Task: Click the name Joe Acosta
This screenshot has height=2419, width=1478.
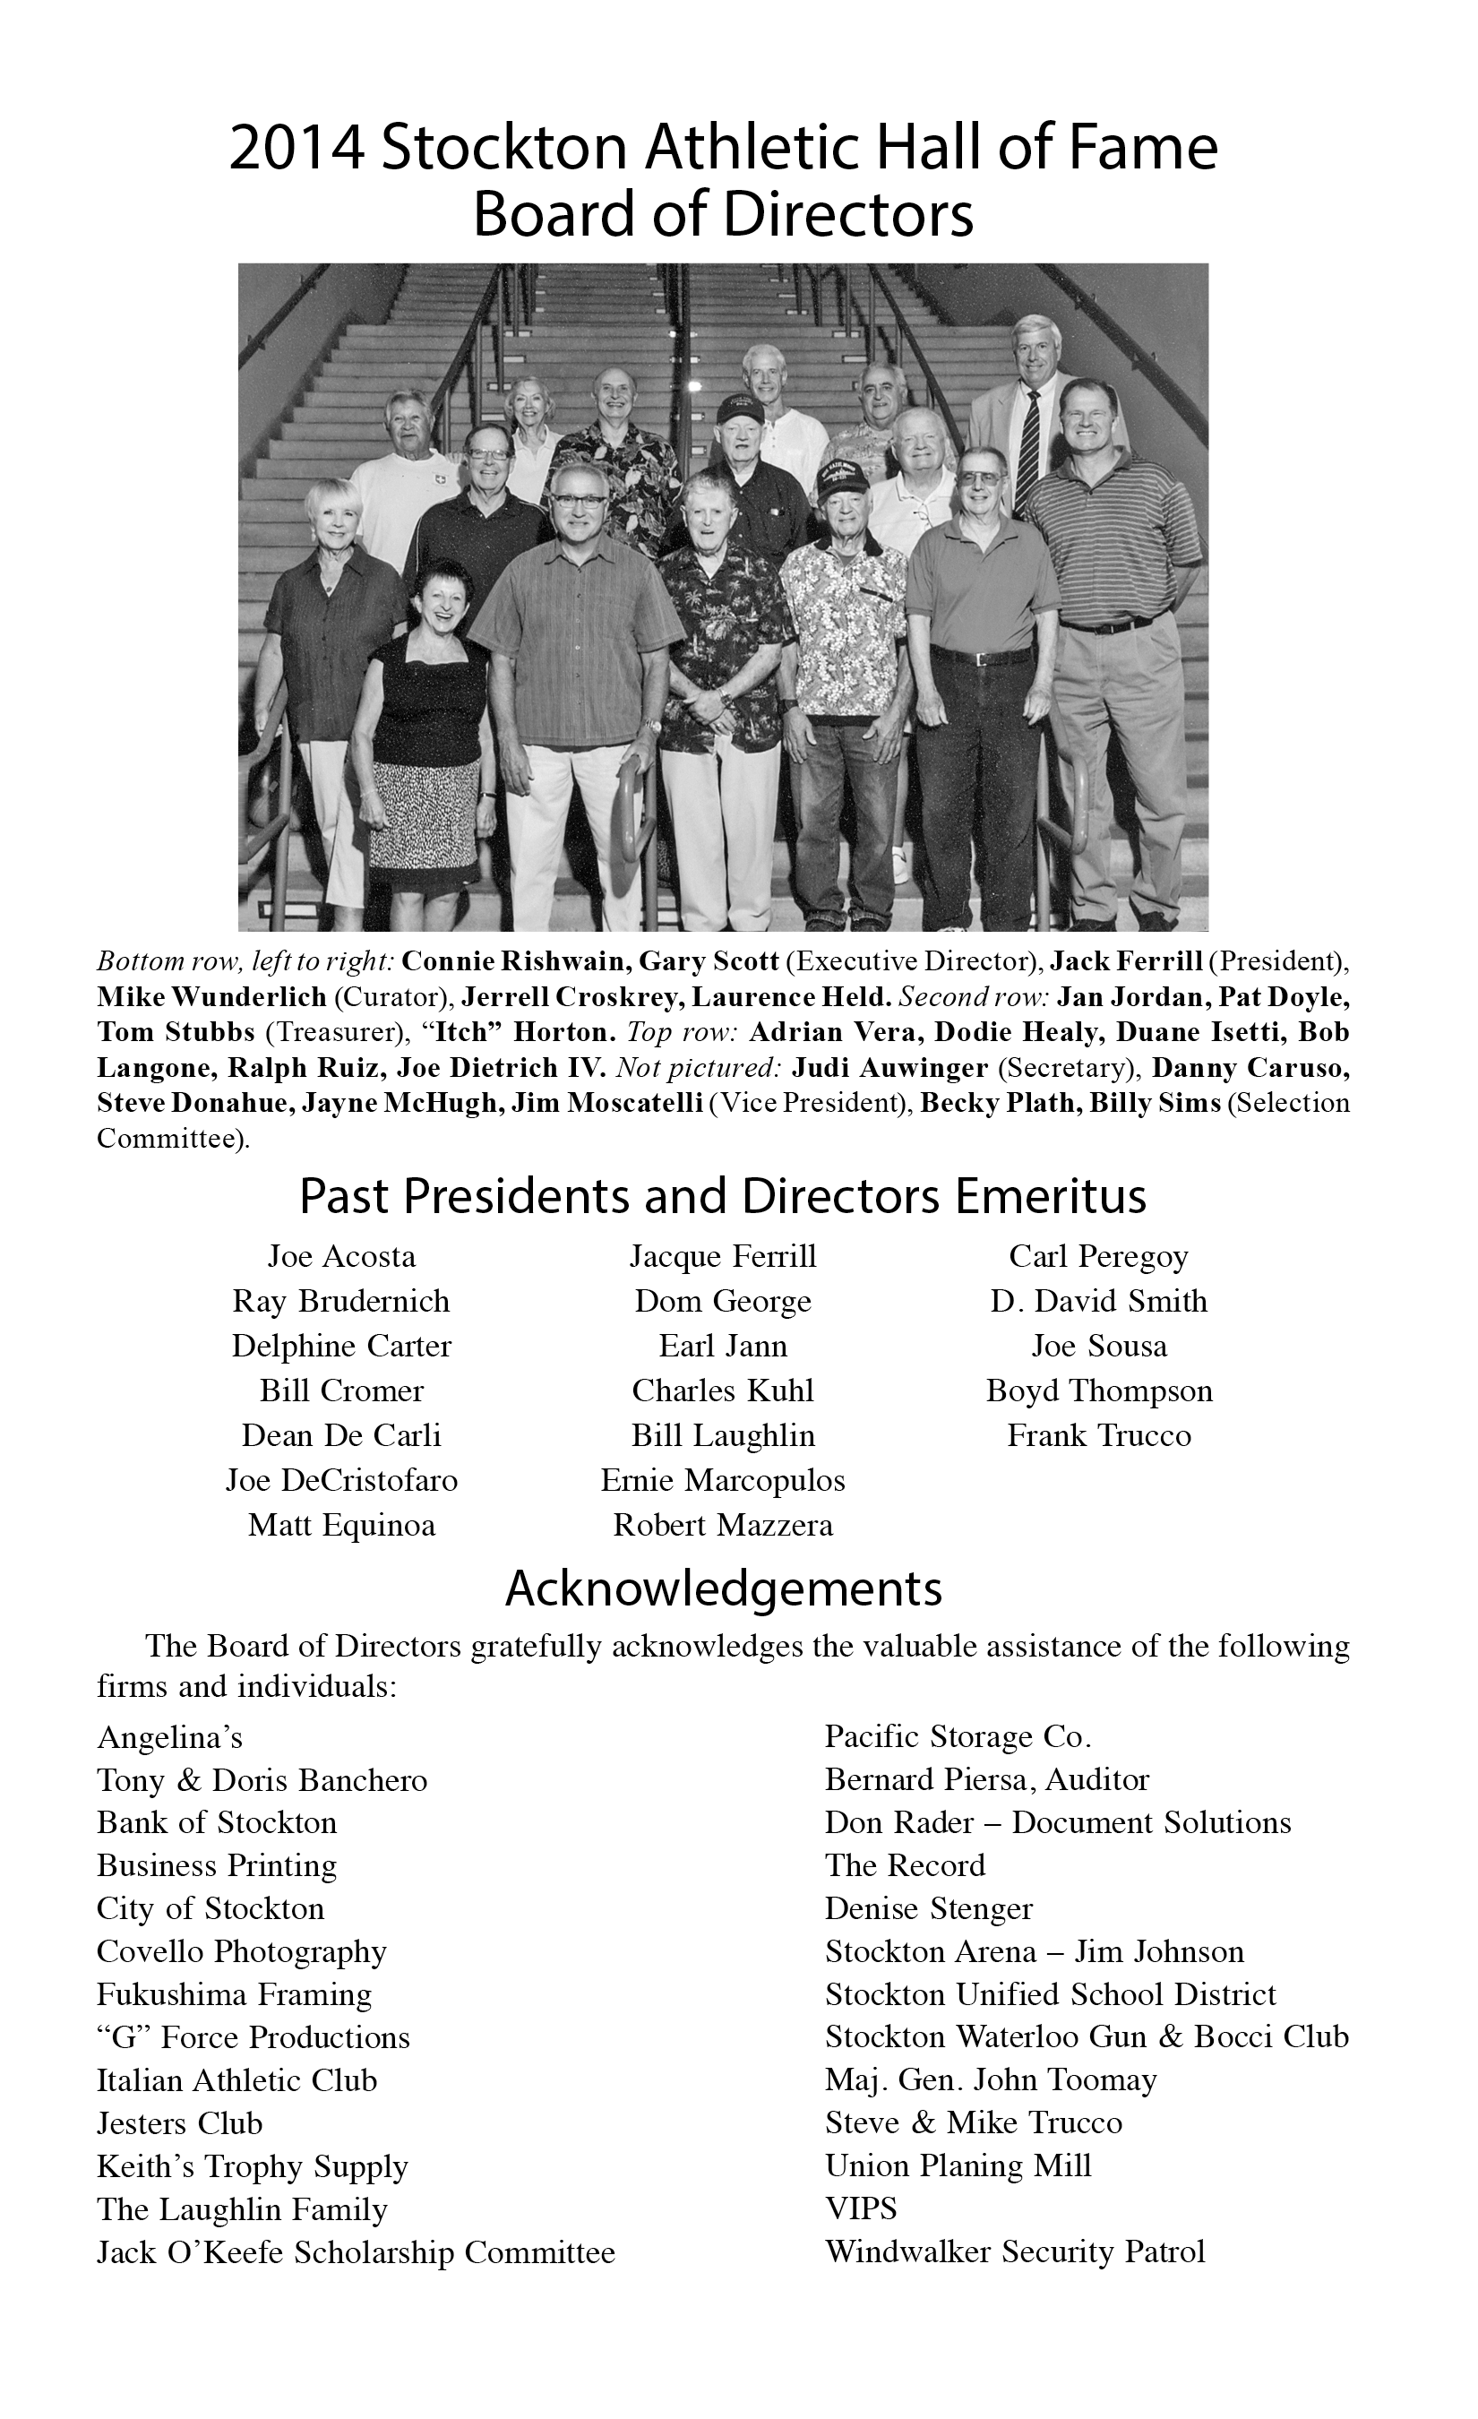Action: click(x=341, y=1257)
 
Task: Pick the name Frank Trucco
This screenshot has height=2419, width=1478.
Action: click(x=1099, y=1436)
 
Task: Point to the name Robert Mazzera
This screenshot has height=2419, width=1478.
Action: click(x=723, y=1526)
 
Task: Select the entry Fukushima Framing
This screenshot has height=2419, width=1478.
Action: click(x=235, y=1994)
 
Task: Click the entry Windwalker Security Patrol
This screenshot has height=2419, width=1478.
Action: click(x=1015, y=2251)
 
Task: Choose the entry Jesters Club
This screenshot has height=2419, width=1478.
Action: click(x=179, y=2122)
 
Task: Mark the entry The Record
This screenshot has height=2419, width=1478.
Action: click(x=905, y=1865)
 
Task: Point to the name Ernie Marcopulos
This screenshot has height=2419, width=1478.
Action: click(x=723, y=1480)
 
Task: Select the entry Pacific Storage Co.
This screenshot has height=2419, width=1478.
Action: click(x=958, y=1736)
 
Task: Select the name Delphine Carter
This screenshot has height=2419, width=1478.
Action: click(x=341, y=1346)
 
